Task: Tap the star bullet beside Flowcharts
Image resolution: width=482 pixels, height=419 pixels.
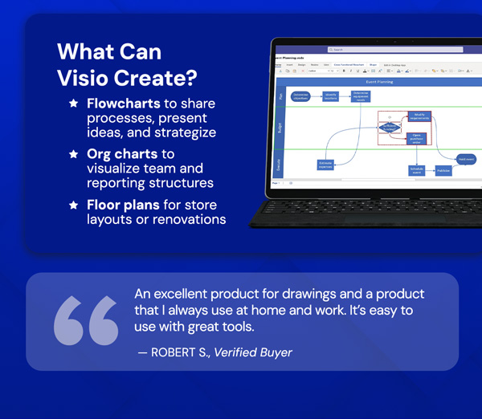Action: pyautogui.click(x=73, y=104)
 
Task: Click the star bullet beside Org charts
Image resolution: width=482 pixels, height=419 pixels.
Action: pyautogui.click(x=73, y=153)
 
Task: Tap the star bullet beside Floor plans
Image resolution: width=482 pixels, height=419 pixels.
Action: pyautogui.click(x=73, y=205)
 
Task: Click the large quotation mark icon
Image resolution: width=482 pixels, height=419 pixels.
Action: pyautogui.click(x=85, y=320)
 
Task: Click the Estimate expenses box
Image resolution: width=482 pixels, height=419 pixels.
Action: pyautogui.click(x=325, y=165)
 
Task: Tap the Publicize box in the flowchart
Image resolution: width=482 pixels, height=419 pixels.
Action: pyautogui.click(x=443, y=170)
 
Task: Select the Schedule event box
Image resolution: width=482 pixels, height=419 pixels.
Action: pyautogui.click(x=416, y=170)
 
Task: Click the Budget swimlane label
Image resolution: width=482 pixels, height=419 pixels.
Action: pyautogui.click(x=280, y=128)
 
